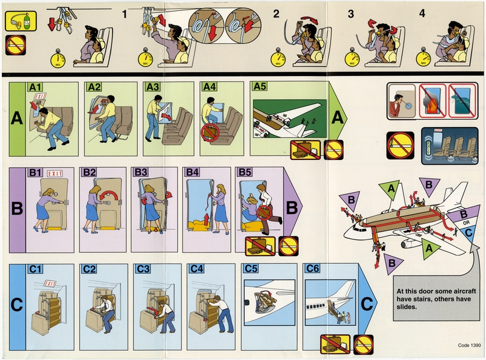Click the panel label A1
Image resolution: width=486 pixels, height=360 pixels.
(x=34, y=88)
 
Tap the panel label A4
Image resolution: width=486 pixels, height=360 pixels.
(x=209, y=88)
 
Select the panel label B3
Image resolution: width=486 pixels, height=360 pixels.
(x=142, y=173)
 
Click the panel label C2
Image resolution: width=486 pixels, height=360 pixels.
(x=90, y=269)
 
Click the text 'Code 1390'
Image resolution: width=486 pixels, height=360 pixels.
(x=469, y=345)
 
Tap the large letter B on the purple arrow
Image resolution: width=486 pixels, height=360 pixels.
(x=292, y=208)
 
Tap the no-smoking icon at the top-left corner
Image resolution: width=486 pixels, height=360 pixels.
(x=15, y=44)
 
